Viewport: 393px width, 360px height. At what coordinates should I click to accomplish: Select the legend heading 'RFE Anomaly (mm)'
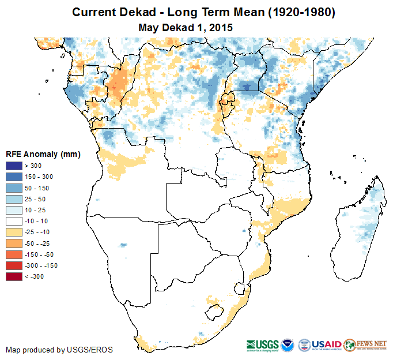click(x=43, y=154)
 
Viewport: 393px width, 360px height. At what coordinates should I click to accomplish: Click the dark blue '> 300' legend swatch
click(x=13, y=166)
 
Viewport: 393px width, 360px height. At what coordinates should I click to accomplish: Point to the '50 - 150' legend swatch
click(x=13, y=188)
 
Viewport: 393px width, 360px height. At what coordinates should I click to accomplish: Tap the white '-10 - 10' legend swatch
click(x=13, y=221)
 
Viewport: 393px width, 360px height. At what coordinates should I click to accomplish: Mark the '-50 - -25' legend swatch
click(x=13, y=243)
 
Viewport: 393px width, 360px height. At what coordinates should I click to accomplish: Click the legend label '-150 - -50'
click(x=41, y=254)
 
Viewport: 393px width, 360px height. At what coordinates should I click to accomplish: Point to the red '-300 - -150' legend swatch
click(x=13, y=265)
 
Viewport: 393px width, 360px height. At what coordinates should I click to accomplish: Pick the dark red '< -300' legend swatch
click(x=13, y=276)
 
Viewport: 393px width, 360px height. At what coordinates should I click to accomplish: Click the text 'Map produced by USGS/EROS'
click(x=59, y=350)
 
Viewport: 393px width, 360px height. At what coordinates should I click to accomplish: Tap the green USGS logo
click(x=262, y=344)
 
